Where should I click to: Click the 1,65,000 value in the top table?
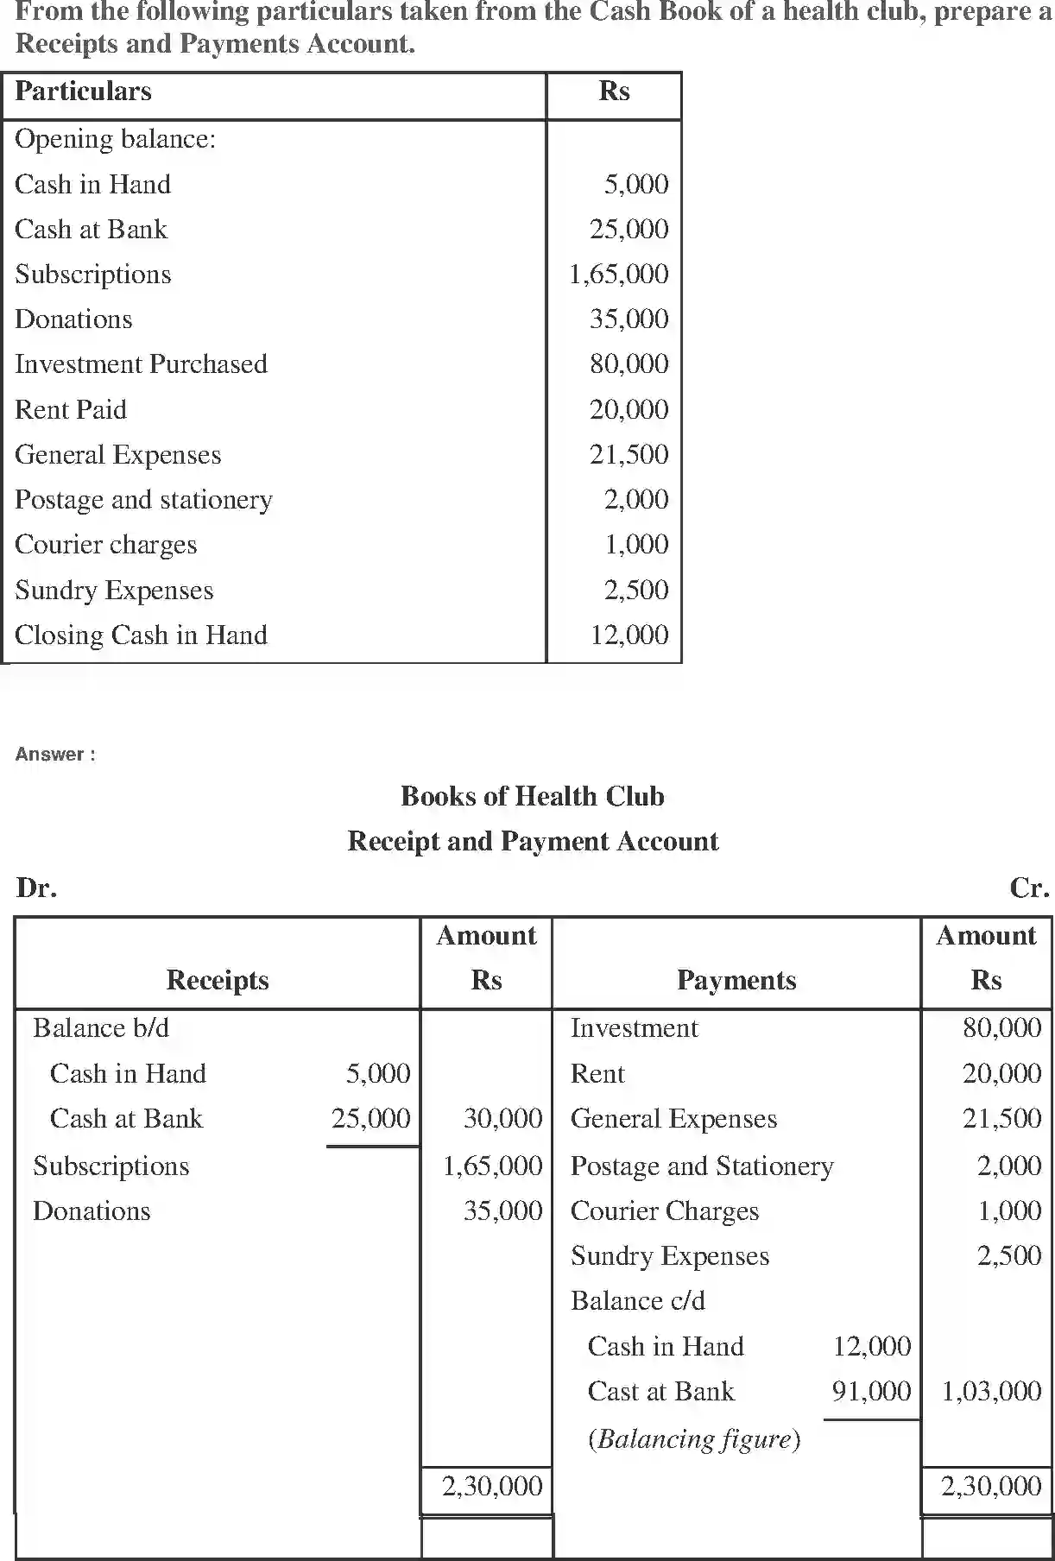[x=618, y=275]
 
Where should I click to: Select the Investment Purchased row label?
[x=141, y=364]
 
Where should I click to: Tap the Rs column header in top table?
[x=614, y=92]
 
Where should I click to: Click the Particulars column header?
[x=83, y=92]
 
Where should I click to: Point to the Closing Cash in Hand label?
[x=141, y=635]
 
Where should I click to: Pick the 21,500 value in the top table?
[x=629, y=455]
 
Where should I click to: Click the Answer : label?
[x=55, y=755]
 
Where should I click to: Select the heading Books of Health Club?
[x=532, y=796]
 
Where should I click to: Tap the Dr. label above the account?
[x=36, y=888]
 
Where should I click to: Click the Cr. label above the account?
[x=1028, y=888]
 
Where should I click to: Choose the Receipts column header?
[x=218, y=981]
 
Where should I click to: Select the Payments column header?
[x=736, y=981]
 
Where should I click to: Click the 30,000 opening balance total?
[x=502, y=1119]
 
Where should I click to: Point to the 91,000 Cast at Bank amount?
[x=871, y=1392]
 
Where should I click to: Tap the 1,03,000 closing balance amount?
[x=991, y=1392]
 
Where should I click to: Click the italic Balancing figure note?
[x=694, y=1439]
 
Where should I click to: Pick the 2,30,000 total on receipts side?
[x=492, y=1487]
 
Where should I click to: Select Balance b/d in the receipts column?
[x=101, y=1028]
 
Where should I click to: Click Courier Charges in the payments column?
[x=665, y=1211]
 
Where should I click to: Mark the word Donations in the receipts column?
[x=92, y=1211]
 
